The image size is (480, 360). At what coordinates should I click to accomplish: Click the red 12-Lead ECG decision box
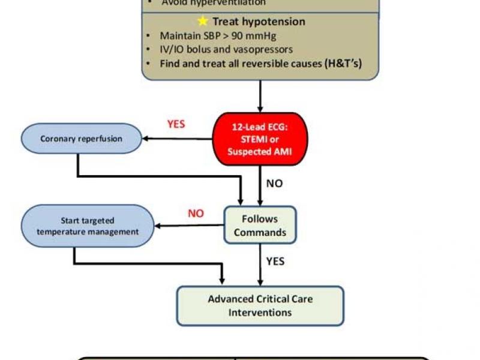[260, 139]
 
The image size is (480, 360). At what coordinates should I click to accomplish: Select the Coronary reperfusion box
[81, 139]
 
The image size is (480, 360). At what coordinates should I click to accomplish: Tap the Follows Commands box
[260, 225]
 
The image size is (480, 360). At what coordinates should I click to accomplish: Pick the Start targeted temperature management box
[87, 226]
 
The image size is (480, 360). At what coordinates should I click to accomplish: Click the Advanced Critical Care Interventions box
[260, 305]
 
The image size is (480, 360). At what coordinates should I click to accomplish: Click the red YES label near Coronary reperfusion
[176, 124]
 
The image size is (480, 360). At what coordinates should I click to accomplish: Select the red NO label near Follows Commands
[196, 213]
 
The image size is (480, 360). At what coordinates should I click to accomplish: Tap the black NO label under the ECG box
[274, 184]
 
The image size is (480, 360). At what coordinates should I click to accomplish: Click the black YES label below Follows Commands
[275, 261]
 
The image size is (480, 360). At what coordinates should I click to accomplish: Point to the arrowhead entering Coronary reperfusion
[146, 139]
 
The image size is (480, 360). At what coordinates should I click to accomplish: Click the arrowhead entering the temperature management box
[158, 226]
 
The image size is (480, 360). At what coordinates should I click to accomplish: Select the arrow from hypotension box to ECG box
[260, 96]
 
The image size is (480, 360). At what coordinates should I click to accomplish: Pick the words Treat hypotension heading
[259, 22]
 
